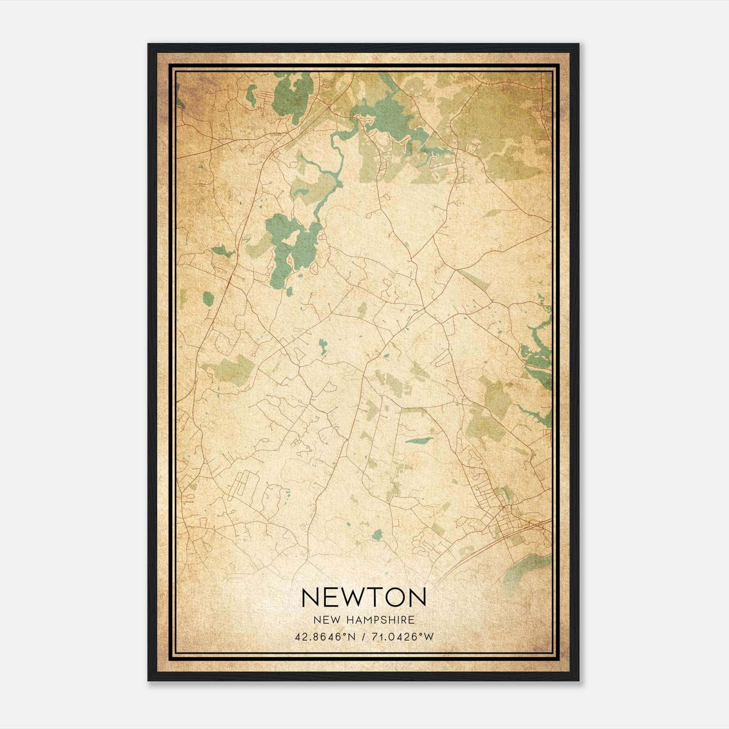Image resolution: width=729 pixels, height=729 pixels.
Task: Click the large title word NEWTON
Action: tap(364, 597)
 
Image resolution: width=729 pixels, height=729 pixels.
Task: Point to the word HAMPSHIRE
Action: tap(378, 620)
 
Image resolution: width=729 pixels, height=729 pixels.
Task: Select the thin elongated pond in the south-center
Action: tap(419, 441)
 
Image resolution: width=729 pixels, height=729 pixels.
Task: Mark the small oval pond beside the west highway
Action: tap(208, 299)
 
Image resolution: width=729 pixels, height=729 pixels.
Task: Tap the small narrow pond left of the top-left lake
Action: tap(251, 95)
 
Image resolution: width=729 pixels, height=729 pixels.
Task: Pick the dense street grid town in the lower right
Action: tap(501, 524)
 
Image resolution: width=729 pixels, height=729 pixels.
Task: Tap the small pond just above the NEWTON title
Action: tap(377, 534)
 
